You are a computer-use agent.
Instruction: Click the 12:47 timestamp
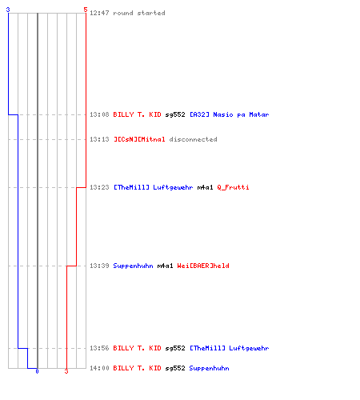tap(99, 13)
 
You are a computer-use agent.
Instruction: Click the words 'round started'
tap(139, 13)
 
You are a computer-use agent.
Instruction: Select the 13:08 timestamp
tap(99, 114)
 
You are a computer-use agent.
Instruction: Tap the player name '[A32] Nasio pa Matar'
tap(230, 114)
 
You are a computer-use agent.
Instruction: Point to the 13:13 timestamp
tap(99, 139)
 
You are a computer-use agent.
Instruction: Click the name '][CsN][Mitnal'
tap(139, 139)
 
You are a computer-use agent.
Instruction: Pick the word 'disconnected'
tap(194, 139)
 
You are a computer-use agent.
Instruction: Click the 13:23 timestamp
tap(99, 187)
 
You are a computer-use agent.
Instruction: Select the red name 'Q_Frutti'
tap(234, 187)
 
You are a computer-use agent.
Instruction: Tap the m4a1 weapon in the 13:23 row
tap(206, 187)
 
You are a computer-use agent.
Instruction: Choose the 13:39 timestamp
tap(99, 266)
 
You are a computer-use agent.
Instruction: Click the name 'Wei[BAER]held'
tap(203, 266)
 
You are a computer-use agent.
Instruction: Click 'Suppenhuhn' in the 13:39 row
tap(134, 266)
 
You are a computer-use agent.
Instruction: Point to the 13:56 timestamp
tap(99, 348)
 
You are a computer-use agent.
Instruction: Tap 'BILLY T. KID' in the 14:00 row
tap(137, 368)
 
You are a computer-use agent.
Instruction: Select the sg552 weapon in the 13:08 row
tap(175, 114)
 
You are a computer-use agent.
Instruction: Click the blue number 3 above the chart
tap(8, 10)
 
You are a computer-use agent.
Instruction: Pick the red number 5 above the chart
tap(86, 10)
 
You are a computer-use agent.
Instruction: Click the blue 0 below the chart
tap(37, 371)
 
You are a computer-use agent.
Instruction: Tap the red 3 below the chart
tap(66, 371)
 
